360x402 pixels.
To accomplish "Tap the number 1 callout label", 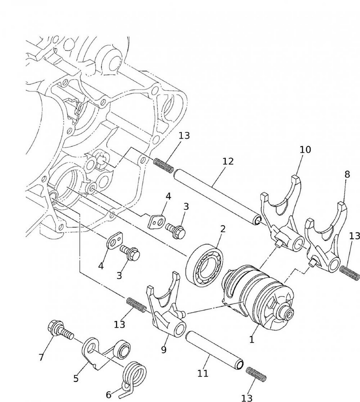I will click(252, 340).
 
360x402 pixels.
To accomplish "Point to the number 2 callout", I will click(222, 230).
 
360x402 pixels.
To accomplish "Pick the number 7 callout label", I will click(41, 357).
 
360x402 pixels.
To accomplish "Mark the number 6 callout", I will click(109, 395).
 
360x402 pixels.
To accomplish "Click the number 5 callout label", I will click(76, 378).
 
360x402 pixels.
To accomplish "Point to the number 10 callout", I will click(305, 150).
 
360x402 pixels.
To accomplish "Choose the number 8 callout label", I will click(347, 174).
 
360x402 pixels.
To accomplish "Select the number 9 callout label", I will click(164, 350).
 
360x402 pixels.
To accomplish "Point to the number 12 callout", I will click(228, 162).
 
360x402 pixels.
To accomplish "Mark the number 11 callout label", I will click(203, 373).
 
